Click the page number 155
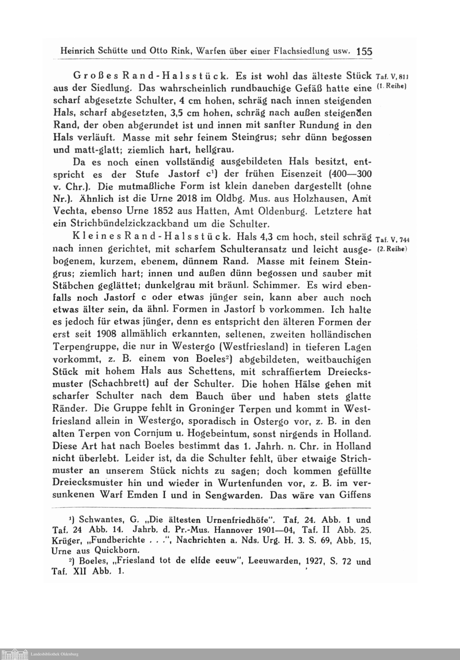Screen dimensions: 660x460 coord(364,51)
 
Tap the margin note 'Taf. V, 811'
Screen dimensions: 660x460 coord(392,77)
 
